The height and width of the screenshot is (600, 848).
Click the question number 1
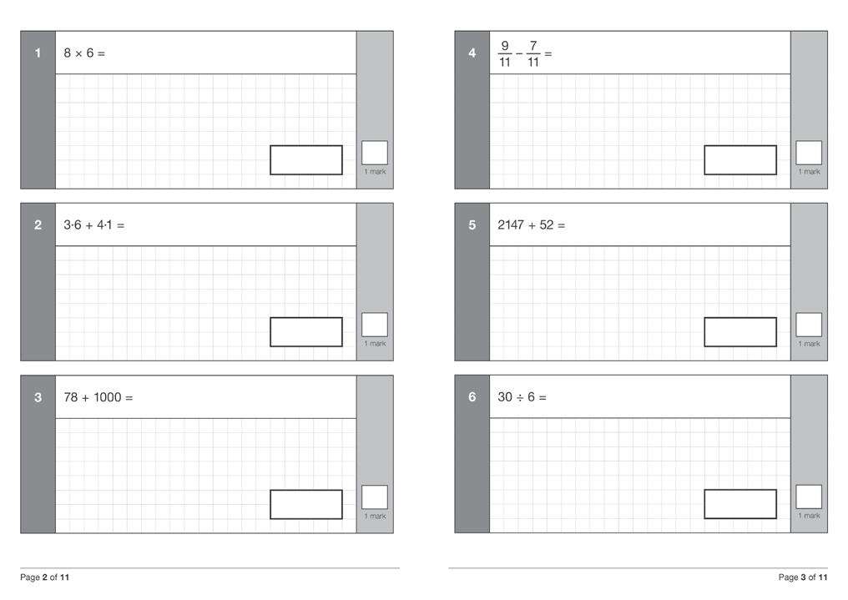[x=38, y=53]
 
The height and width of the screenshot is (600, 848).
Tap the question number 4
[x=472, y=53]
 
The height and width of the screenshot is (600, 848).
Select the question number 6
[x=472, y=397]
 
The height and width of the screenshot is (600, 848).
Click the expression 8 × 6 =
[x=84, y=53]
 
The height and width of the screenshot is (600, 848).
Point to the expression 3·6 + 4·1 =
[x=93, y=225]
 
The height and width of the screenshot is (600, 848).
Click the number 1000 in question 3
[x=107, y=397]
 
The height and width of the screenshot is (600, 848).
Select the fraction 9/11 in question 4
[x=504, y=54]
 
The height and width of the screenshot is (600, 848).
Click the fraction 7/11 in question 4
[x=533, y=54]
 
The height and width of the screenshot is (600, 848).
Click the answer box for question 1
[x=305, y=160]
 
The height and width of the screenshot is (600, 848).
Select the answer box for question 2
[x=305, y=331]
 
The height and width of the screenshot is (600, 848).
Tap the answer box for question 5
[x=739, y=331]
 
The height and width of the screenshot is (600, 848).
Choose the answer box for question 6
[x=739, y=503]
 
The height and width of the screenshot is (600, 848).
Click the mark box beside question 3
[x=375, y=497]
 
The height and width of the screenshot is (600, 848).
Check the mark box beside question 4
[x=808, y=153]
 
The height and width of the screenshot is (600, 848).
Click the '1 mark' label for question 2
[x=375, y=344]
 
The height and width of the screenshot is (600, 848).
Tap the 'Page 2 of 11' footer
[x=45, y=577]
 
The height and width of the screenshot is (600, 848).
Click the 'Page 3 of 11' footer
[x=802, y=577]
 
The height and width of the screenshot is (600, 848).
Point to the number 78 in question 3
[x=71, y=397]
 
